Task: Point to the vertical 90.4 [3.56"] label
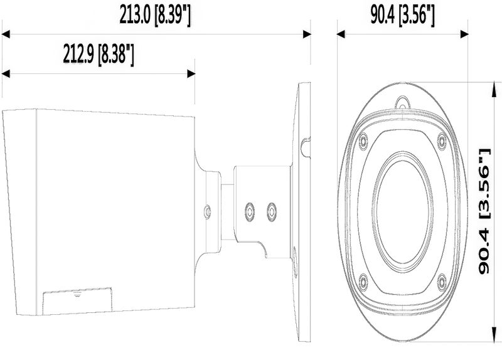click(483, 211)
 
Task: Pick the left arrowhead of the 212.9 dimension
click(5, 74)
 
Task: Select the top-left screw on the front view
click(363, 142)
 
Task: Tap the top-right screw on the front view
click(441, 139)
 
